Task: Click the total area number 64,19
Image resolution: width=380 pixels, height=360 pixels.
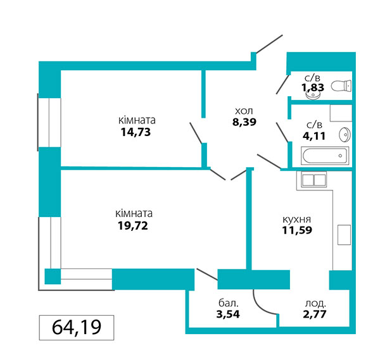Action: (x=77, y=327)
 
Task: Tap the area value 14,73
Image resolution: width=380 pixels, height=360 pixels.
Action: (x=136, y=132)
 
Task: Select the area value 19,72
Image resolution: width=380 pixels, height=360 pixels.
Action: (x=133, y=226)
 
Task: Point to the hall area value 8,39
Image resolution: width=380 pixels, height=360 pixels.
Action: (x=244, y=122)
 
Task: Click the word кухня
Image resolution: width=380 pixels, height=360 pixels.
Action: (x=297, y=220)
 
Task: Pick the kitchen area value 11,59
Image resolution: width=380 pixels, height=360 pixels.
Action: (x=297, y=230)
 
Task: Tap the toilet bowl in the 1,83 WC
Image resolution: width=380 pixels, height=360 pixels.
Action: (x=341, y=86)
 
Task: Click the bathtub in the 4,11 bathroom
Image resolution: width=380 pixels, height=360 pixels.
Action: (x=325, y=156)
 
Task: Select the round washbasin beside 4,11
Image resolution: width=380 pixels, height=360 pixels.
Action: (x=345, y=135)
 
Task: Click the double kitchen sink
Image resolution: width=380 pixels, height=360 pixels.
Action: (x=314, y=180)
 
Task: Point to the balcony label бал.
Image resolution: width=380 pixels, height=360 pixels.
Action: (x=229, y=303)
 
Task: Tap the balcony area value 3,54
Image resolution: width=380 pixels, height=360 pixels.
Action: (x=228, y=314)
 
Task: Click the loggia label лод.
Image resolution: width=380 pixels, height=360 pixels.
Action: (x=315, y=303)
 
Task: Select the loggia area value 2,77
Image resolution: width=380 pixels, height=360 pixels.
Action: (x=315, y=314)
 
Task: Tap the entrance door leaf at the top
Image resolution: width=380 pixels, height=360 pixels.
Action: (x=269, y=44)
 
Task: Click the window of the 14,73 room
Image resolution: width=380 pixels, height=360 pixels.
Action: (x=49, y=122)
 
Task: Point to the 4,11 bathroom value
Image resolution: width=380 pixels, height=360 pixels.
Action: (x=314, y=136)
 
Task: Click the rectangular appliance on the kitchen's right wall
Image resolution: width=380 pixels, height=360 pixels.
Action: (x=344, y=235)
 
